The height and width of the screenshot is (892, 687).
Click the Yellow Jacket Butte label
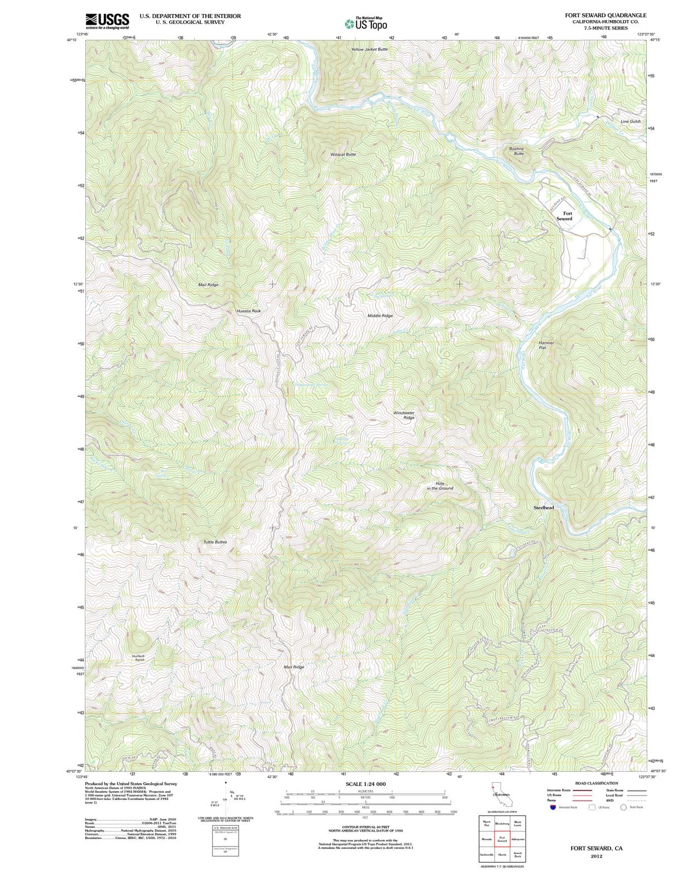pos(369,49)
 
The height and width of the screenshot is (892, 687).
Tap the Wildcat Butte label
pos(343,154)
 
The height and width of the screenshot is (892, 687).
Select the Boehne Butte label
pos(516,151)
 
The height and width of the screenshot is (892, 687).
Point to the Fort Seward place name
pos(564,216)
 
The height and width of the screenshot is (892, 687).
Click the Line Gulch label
pos(630,121)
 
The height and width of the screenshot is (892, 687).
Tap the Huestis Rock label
pos(249,311)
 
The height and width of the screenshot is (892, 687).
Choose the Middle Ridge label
pos(380,316)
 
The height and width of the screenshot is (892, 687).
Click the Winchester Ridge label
pos(404,415)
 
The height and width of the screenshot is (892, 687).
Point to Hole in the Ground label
pos(440,486)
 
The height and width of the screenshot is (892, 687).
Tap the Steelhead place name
pos(544,508)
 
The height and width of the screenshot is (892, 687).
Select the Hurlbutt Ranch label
pos(138,658)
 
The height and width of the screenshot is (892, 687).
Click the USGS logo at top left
pos(107,21)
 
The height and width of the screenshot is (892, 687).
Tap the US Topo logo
pos(366,24)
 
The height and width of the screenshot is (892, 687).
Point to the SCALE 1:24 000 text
pos(365,784)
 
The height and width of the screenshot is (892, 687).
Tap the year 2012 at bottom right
pos(596,856)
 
